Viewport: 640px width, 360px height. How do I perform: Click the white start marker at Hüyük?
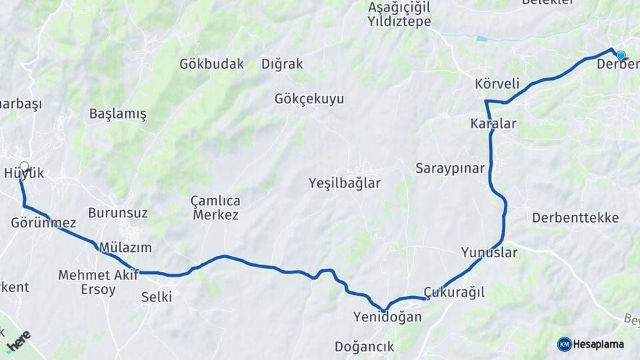coord(25,166)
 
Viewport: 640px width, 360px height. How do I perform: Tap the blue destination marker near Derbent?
coord(621,55)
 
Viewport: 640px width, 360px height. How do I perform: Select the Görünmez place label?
coord(43,223)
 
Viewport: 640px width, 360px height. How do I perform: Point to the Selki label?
coord(156,297)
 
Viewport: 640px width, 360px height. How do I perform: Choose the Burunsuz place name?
coord(118,213)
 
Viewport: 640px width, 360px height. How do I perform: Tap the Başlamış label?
coord(117,114)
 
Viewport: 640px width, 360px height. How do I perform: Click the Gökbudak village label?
coord(211,64)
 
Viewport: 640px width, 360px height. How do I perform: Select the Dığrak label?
coord(282,64)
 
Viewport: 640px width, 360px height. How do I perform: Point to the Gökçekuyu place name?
coord(309,99)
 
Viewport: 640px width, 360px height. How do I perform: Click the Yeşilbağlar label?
coord(345,183)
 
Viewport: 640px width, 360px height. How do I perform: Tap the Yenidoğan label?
coord(387,317)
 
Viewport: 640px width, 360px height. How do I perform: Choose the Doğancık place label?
coord(365,347)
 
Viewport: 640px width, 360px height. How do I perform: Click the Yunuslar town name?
coord(489,253)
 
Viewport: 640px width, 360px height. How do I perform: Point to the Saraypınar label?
coord(450,168)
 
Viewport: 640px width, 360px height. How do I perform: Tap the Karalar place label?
coord(493,123)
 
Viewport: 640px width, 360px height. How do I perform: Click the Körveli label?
coord(497,84)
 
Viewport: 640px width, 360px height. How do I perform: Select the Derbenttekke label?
coord(575,217)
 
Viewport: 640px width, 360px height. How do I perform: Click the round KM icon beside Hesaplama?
coord(565,344)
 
